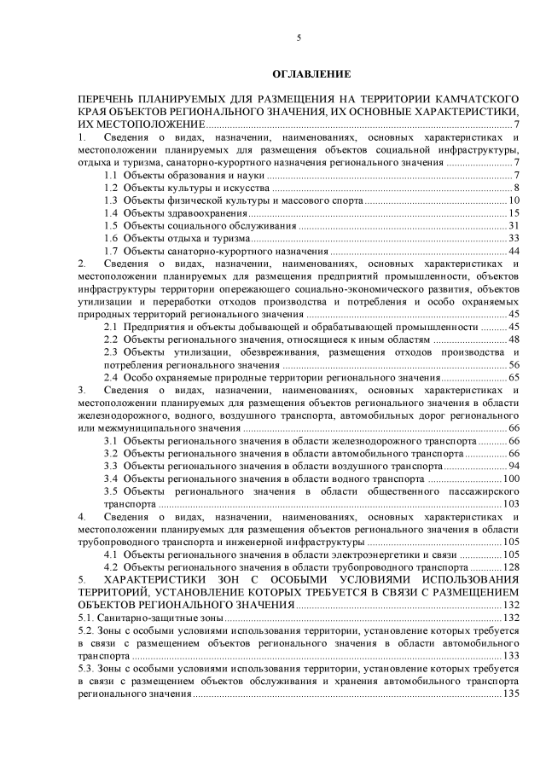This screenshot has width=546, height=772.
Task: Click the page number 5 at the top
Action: [x=299, y=38]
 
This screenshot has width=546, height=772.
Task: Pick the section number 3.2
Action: [x=111, y=454]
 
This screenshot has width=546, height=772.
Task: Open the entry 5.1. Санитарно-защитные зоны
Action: [x=149, y=618]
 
